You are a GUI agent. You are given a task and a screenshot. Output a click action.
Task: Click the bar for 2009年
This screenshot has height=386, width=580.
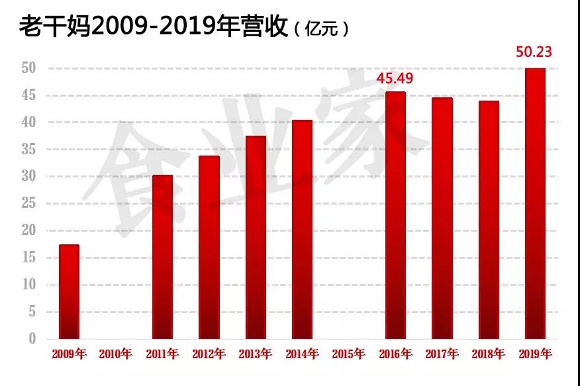point(69,292)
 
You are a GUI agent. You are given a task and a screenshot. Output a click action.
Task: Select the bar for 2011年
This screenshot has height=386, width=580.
point(162,257)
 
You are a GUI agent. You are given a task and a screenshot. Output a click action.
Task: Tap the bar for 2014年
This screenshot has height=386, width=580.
point(302,230)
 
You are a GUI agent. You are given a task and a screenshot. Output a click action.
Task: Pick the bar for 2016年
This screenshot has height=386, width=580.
point(395,215)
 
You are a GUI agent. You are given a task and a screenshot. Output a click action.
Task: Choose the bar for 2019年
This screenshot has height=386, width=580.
point(534,203)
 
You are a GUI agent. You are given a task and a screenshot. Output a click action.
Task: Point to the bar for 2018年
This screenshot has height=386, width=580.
point(489,220)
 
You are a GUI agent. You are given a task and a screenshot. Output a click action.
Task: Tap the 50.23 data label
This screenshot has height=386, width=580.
point(534,52)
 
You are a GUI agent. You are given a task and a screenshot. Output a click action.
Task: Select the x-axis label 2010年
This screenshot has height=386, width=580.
point(116,354)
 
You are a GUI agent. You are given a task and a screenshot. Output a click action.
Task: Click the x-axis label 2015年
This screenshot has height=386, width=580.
point(348,354)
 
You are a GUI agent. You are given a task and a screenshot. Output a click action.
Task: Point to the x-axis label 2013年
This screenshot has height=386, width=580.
point(256,354)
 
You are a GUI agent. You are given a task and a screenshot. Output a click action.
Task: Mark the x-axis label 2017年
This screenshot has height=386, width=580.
point(442,354)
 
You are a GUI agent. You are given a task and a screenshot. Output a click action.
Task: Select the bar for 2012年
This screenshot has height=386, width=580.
point(209,248)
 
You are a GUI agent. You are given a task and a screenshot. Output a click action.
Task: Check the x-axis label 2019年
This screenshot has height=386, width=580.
point(534,354)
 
